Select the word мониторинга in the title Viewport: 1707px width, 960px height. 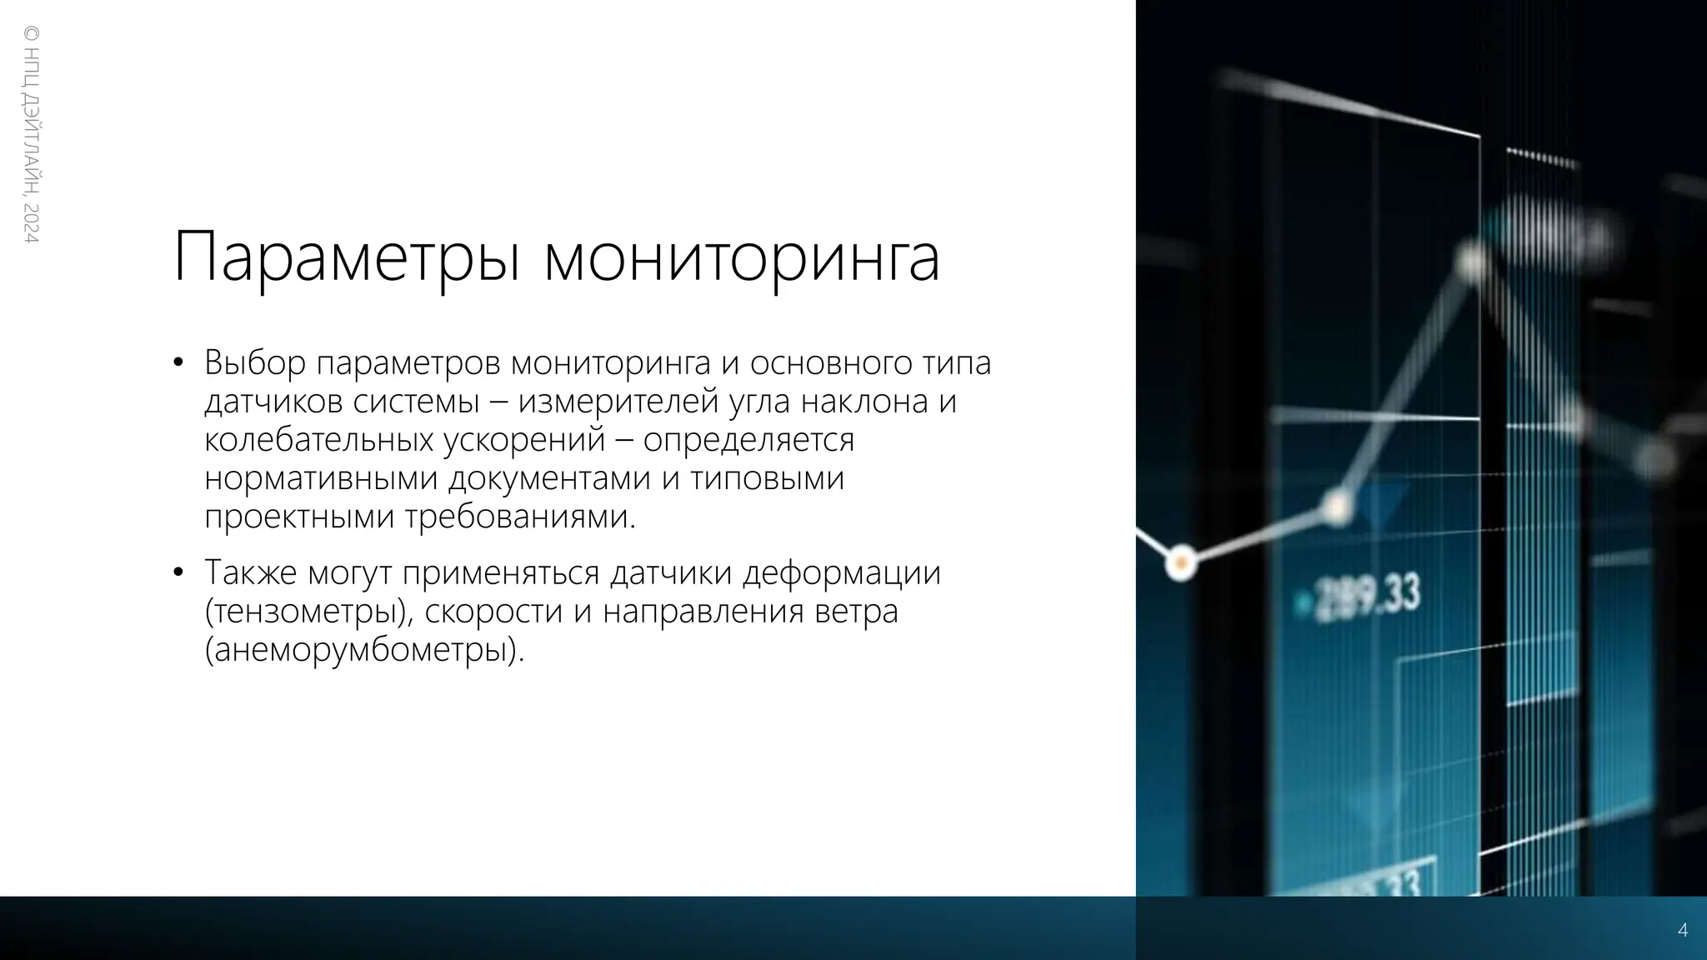(742, 257)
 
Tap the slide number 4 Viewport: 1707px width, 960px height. (1682, 930)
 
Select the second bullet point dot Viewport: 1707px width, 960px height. (178, 572)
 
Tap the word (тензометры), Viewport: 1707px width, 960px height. (308, 612)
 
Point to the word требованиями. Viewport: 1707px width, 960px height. (520, 517)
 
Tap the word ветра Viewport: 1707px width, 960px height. (858, 612)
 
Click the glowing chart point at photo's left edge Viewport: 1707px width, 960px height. (1180, 562)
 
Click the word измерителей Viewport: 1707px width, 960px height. (618, 402)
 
